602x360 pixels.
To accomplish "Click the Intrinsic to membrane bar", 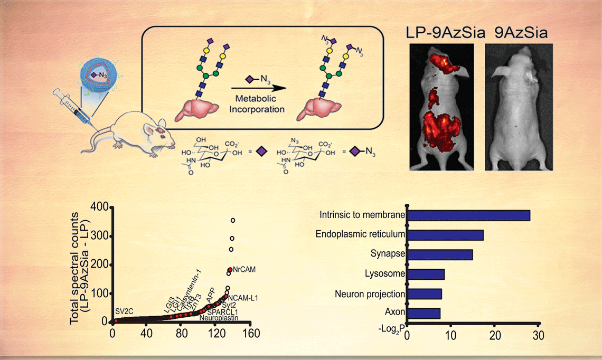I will click(x=469, y=215).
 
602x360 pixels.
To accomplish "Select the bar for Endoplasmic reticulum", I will click(x=446, y=235).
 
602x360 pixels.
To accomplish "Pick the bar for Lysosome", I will click(x=426, y=274).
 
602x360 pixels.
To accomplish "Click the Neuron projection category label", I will click(x=370, y=293).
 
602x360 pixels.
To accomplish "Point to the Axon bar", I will click(x=424, y=314).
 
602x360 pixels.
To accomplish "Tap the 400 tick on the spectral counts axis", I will click(x=99, y=207).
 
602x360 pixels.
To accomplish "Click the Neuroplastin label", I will click(x=219, y=318).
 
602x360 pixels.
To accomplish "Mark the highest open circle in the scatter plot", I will click(x=232, y=220).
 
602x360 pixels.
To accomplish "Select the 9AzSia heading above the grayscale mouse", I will click(x=519, y=33).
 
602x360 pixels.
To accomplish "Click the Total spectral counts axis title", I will click(x=80, y=264).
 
